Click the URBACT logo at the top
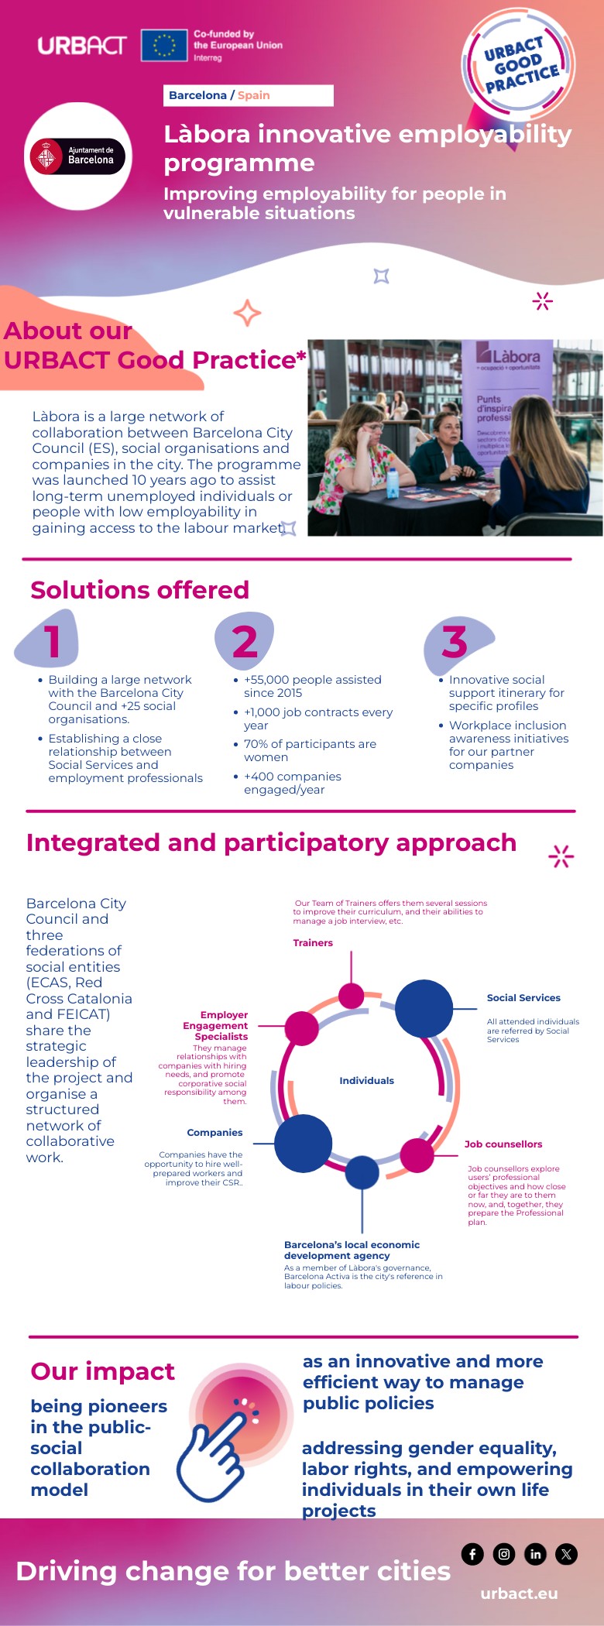point(81,45)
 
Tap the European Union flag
point(164,45)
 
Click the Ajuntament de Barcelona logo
point(77,156)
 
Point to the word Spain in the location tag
point(253,95)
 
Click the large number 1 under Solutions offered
point(52,641)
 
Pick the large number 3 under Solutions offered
point(455,642)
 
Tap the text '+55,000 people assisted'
point(312,680)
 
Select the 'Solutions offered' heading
point(139,590)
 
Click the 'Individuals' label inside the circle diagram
point(366,1081)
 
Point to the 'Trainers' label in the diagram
point(313,943)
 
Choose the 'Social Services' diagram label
point(523,998)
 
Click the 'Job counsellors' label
point(503,1144)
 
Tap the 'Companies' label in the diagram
point(214,1133)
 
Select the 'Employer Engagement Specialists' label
point(216,1026)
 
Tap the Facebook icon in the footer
point(472,1554)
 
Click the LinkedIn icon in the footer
point(535,1554)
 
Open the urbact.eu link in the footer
point(519,1593)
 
